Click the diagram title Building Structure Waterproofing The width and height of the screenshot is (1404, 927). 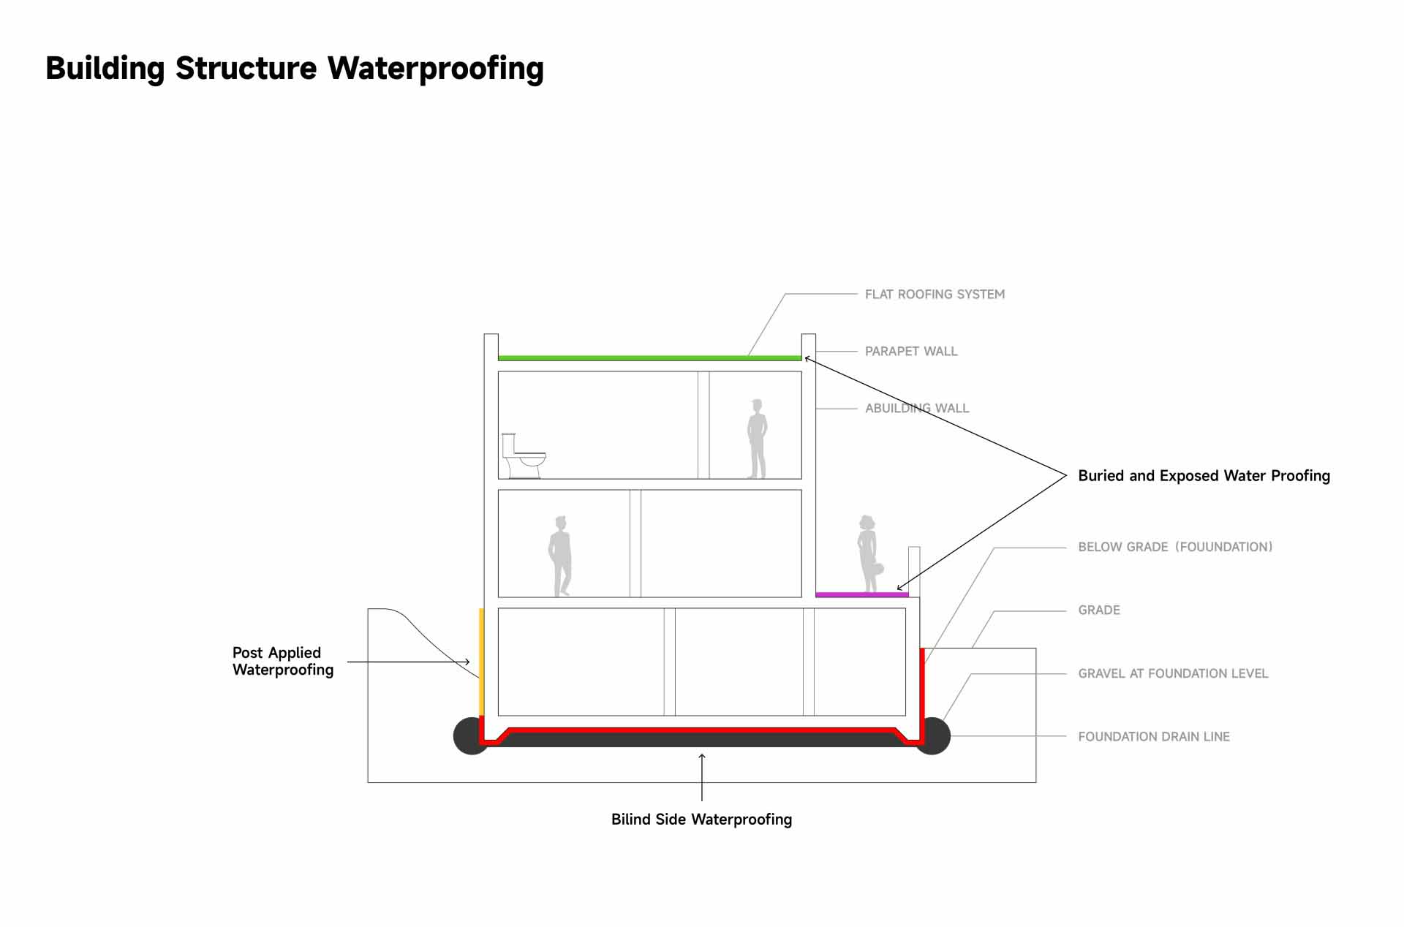point(295,68)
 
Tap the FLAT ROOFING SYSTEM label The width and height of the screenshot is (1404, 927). point(935,295)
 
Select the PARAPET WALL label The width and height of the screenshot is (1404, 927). point(910,352)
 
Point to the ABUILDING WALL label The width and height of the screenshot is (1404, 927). point(917,409)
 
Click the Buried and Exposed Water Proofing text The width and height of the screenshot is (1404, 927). point(1204,476)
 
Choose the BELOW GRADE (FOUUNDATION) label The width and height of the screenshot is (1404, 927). point(1175,547)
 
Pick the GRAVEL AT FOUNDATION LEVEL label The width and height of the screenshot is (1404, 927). point(1173,673)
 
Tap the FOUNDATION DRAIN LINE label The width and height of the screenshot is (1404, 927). point(1154,737)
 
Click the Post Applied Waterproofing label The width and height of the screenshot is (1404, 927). point(283,662)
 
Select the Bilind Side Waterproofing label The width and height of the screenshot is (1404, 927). point(701,820)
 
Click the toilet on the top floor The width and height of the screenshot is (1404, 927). point(523,456)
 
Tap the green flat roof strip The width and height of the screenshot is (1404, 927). point(649,358)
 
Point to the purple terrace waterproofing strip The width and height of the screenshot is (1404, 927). point(861,595)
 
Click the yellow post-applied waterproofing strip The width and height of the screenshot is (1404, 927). point(481,662)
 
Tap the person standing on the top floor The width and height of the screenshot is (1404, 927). point(757,439)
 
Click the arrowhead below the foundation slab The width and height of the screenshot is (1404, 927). point(702,757)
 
